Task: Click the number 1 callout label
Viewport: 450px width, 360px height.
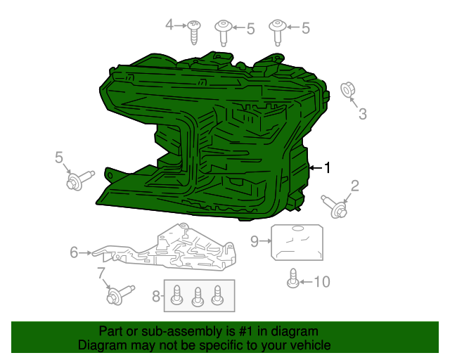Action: (327, 167)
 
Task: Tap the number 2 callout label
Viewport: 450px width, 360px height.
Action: (355, 186)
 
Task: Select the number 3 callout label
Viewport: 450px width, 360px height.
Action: (362, 114)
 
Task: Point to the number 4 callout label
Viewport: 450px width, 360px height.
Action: (169, 26)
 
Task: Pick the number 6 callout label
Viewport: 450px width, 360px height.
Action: (74, 252)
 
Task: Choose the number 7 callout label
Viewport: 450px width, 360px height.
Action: (101, 273)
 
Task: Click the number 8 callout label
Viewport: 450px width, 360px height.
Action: (155, 297)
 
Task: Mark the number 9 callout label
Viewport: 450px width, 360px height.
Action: (255, 241)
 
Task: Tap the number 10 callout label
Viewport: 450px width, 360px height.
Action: (321, 282)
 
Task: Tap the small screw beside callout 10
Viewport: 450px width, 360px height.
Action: (292, 279)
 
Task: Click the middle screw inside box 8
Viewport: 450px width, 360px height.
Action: (199, 296)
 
